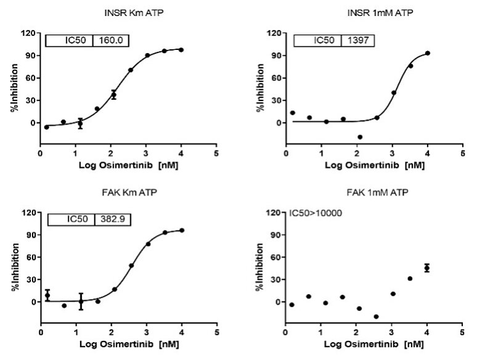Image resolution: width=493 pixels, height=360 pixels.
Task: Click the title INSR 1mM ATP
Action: point(373,12)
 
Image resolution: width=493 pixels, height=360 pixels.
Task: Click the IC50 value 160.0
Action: point(110,40)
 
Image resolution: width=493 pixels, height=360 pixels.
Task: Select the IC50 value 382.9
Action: point(112,219)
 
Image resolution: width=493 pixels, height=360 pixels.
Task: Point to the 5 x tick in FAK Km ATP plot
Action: point(216,333)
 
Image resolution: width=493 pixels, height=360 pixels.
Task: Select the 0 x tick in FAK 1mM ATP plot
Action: point(285,333)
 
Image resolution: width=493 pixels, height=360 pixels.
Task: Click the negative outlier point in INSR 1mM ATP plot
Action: point(360,137)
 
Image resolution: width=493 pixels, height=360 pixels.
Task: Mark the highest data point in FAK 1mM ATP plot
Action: point(427,268)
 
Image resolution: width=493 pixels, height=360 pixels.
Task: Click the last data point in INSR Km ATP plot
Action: point(181,49)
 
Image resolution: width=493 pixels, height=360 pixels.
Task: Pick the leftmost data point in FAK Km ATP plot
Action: point(47,295)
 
